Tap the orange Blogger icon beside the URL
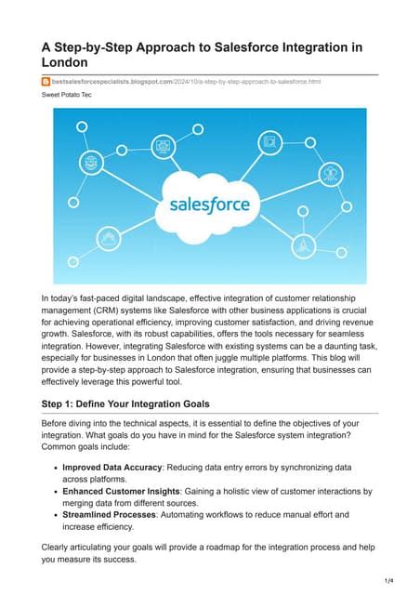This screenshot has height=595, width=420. coord(46,82)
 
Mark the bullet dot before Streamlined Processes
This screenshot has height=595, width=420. coord(55,514)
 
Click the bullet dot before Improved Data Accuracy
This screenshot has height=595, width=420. coord(55,467)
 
